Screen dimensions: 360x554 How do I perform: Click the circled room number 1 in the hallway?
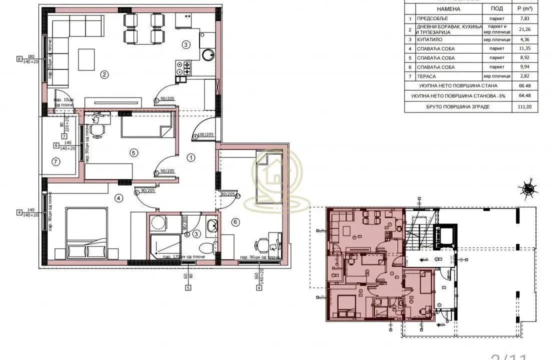point(190,157)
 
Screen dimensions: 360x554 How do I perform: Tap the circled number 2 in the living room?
point(104,75)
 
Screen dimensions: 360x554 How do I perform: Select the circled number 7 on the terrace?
point(55,161)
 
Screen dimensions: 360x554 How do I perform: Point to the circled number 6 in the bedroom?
point(236,221)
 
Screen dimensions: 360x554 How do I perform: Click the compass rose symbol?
point(528,189)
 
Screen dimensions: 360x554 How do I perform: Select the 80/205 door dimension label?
point(228,194)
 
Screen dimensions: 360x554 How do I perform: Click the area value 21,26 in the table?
point(520,28)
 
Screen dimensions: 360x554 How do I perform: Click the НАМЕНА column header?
point(448,9)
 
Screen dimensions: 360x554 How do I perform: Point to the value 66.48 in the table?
point(520,86)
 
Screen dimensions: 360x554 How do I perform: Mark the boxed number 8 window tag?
point(19,59)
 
